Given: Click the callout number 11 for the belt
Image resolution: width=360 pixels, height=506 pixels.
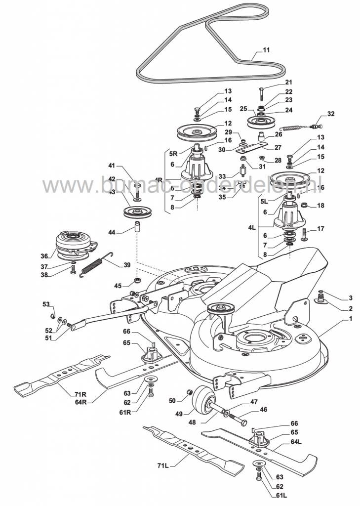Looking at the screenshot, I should pyautogui.click(x=266, y=50).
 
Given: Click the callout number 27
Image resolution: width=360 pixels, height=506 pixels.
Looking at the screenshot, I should pyautogui.click(x=278, y=147).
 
